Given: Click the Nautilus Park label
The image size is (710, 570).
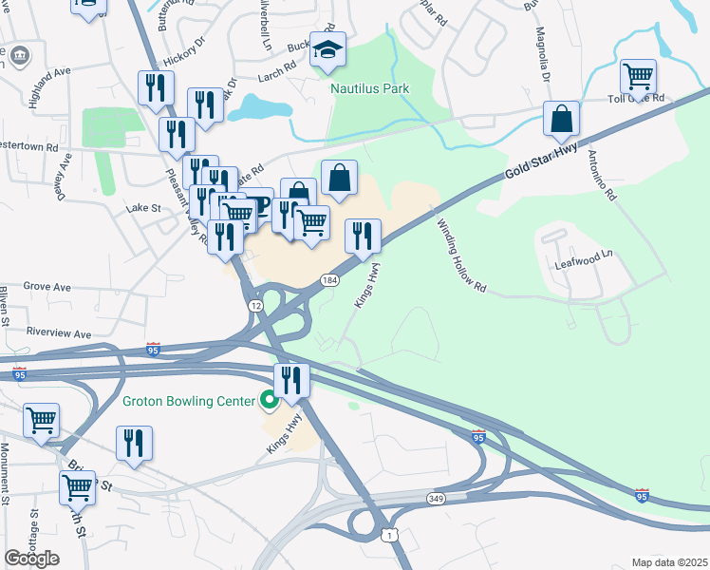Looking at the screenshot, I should point(369,88).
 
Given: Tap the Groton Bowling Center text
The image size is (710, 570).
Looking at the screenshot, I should point(189,401).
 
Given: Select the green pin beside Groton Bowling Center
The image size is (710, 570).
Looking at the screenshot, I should point(270,401).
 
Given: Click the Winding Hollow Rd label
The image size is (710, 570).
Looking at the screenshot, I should point(461,256).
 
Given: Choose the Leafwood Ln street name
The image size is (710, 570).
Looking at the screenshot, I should point(588,255).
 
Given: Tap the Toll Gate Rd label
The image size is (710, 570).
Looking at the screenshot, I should point(635,98).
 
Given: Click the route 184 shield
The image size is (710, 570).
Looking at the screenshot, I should point(329,280).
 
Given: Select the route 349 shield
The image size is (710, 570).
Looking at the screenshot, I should point(435,497).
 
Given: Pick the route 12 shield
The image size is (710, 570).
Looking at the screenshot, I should point(256,306).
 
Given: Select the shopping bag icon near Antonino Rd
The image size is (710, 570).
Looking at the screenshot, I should point(562,119).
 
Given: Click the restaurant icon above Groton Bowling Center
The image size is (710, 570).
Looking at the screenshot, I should point(291,380).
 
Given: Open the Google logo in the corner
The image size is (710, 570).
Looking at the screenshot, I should point(31,559).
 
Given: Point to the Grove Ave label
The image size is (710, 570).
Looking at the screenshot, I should point(47,286).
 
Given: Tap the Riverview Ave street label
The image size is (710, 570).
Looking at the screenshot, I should point(59,333).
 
